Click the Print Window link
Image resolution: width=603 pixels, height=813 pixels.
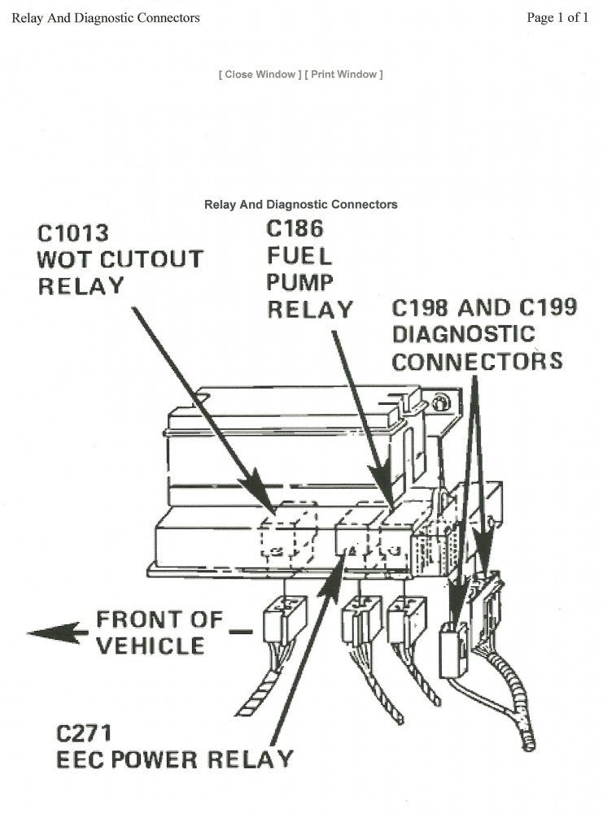pos(343,75)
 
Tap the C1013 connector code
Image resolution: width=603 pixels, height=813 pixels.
pos(73,234)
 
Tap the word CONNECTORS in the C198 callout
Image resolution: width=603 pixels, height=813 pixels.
pos(477,360)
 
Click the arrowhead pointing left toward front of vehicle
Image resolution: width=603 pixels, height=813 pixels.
pos(45,632)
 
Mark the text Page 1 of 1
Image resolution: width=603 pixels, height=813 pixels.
pos(557,18)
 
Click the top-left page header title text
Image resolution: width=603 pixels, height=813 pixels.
pos(106,18)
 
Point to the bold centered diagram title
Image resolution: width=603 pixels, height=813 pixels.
pos(301,205)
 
